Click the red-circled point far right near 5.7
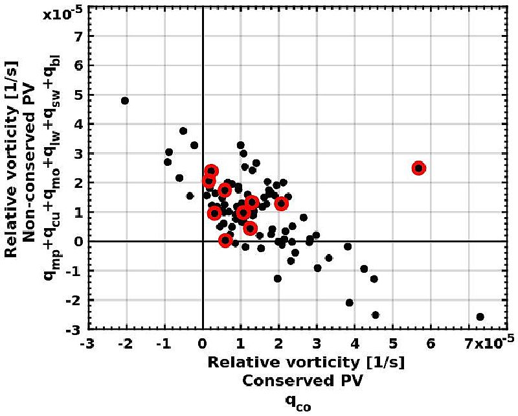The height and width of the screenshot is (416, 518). tap(418, 168)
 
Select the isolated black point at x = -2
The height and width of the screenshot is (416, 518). tap(125, 100)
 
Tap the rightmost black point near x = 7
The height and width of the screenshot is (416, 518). tap(480, 317)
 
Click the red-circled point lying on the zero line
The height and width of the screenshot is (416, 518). tap(225, 240)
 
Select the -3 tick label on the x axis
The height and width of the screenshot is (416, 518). tap(87, 341)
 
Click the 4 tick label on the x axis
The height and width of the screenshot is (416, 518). tap(354, 341)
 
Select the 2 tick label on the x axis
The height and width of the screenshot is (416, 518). tap(278, 341)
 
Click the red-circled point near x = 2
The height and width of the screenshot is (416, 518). tap(281, 203)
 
